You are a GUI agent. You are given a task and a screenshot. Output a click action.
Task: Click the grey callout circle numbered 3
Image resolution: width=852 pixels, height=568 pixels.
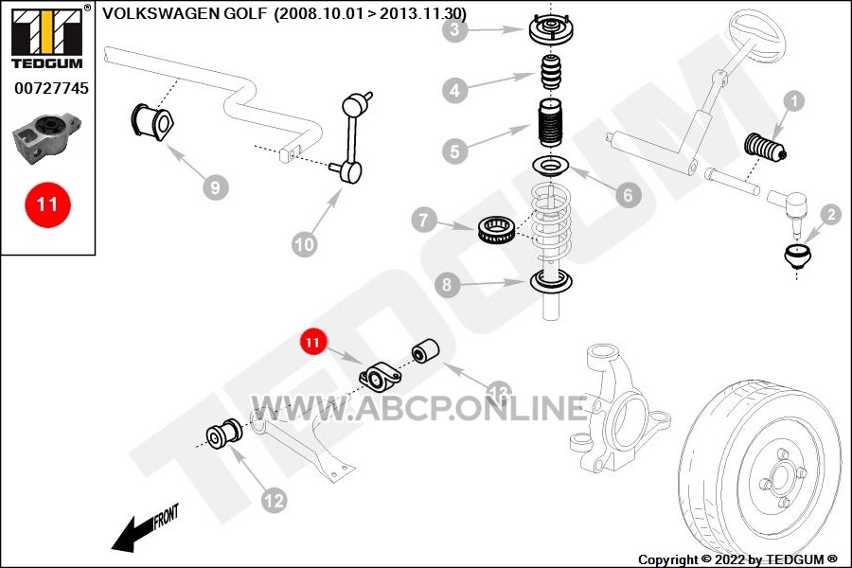[x=455, y=30]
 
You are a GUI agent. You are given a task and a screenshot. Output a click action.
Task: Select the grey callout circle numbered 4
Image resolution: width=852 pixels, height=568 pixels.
[x=455, y=91]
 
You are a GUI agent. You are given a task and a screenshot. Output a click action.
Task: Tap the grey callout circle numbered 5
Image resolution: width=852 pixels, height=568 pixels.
[x=455, y=151]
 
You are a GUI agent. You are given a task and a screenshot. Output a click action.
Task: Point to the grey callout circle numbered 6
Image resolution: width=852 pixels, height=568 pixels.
[x=627, y=195]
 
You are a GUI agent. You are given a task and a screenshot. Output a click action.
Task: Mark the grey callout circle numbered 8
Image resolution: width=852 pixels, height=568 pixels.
[x=449, y=283]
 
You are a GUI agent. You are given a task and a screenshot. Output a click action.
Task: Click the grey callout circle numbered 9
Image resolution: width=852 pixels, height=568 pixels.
[x=215, y=187]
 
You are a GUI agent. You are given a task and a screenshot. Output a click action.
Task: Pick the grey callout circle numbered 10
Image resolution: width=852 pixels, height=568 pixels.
[x=303, y=244]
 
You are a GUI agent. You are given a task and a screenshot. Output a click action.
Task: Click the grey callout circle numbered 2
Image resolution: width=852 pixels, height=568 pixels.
[x=830, y=215]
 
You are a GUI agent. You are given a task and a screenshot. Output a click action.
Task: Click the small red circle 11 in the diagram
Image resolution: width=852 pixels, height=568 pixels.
[x=313, y=341]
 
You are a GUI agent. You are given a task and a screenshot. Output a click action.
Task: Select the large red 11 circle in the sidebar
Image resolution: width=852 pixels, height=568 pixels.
[x=47, y=204]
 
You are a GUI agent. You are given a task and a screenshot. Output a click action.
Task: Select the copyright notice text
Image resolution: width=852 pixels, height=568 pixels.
[x=737, y=559]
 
